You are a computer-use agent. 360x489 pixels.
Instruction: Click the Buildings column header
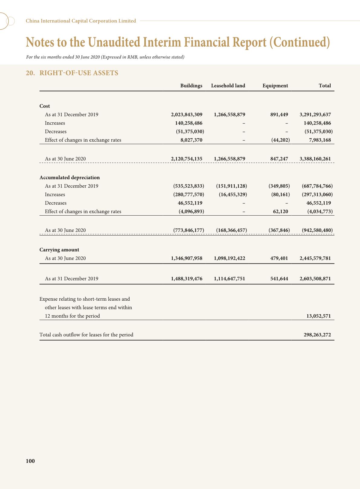click(191, 86)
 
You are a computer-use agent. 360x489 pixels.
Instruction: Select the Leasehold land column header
click(228, 86)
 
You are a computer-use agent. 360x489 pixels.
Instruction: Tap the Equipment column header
click(275, 86)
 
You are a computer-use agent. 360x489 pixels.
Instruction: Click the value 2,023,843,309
click(187, 115)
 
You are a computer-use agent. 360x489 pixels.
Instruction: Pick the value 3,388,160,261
click(315, 159)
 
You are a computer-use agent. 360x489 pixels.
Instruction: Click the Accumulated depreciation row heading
click(70, 177)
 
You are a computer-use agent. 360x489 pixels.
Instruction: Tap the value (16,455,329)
click(233, 194)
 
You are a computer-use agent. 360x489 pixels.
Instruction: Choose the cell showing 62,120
click(280, 211)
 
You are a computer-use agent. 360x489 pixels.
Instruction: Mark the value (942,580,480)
click(317, 230)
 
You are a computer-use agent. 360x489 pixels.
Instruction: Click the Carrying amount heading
click(59, 250)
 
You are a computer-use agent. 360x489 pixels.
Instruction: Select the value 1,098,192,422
click(229, 258)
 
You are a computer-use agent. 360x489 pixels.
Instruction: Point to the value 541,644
click(279, 279)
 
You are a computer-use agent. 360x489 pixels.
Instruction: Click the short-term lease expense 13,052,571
click(319, 316)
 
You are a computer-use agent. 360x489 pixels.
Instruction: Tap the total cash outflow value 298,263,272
click(317, 335)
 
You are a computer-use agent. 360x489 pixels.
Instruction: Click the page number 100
click(30, 461)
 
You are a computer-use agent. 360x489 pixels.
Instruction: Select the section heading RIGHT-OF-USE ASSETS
click(79, 73)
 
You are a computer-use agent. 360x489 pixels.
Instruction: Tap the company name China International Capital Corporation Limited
click(81, 21)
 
